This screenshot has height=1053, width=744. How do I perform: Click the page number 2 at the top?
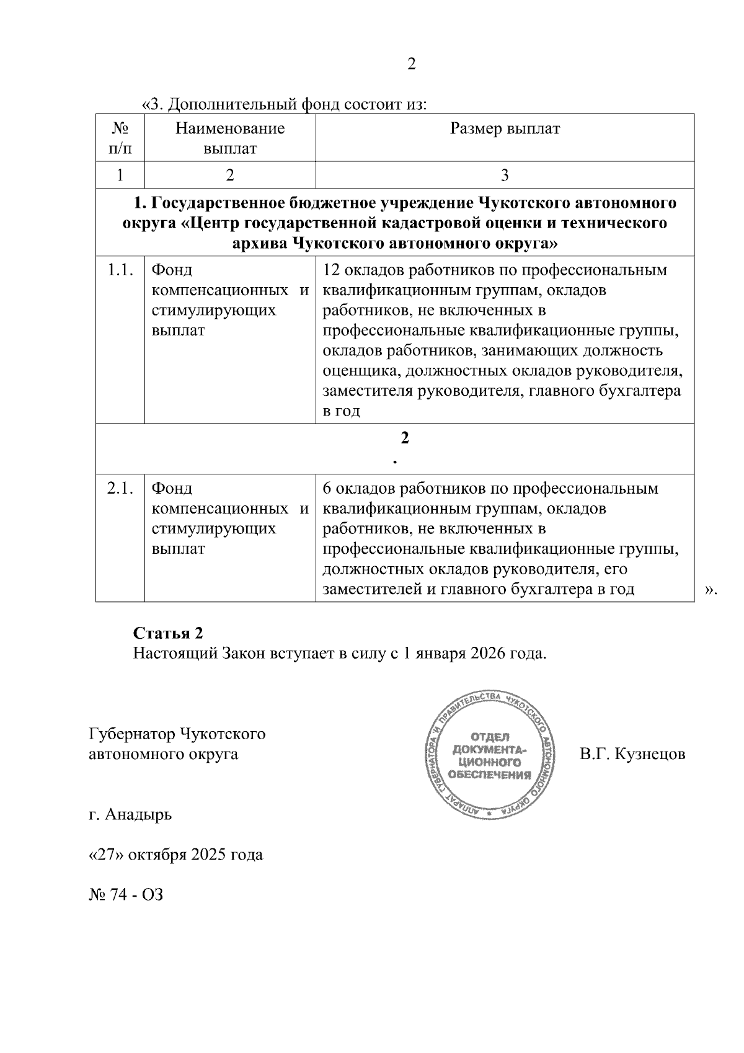pyautogui.click(x=411, y=64)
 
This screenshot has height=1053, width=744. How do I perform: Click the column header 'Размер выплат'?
pyautogui.click(x=505, y=128)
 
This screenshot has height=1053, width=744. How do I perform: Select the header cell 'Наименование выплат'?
pyautogui.click(x=230, y=138)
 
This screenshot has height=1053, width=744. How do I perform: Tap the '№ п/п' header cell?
pyautogui.click(x=120, y=138)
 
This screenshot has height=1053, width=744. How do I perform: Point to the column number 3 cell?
pyautogui.click(x=505, y=175)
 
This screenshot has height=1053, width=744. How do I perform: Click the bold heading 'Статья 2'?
pyautogui.click(x=168, y=633)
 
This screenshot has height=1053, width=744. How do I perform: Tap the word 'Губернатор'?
pyautogui.click(x=131, y=734)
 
